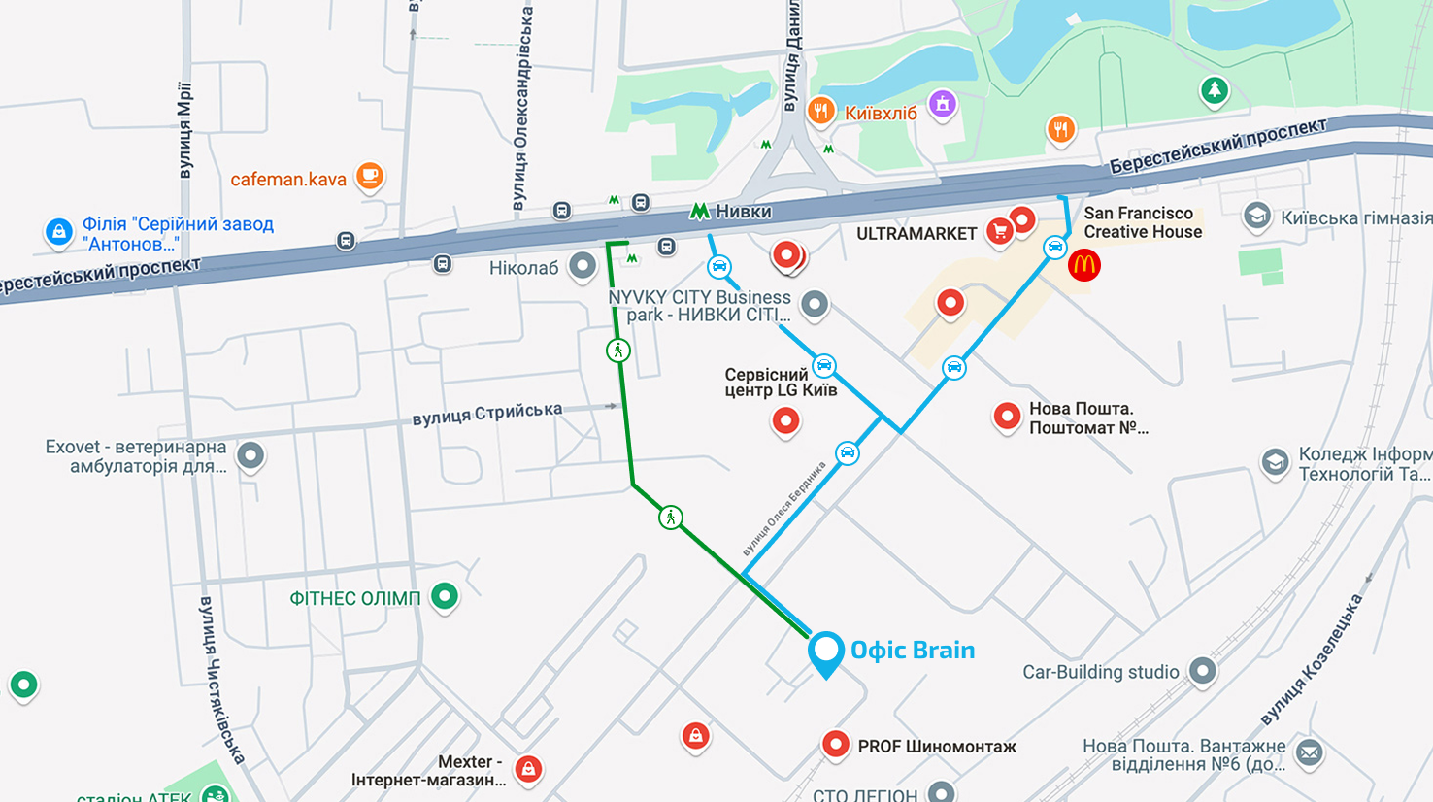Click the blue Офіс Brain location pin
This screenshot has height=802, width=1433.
click(825, 652)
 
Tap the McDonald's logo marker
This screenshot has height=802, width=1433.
click(1083, 264)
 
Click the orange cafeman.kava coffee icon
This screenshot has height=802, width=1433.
click(369, 176)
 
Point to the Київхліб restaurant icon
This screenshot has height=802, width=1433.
click(821, 111)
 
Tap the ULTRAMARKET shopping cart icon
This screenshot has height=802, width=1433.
click(999, 231)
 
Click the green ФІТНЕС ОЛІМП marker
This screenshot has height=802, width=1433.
click(445, 595)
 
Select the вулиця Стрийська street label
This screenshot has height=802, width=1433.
click(486, 414)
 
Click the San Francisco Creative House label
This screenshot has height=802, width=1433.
click(1142, 222)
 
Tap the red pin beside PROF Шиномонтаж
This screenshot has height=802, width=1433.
click(835, 744)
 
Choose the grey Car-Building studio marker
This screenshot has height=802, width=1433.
click(1203, 670)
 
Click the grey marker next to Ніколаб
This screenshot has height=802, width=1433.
click(583, 265)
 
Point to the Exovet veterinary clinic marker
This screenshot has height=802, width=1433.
click(250, 454)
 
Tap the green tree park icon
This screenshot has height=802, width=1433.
click(1214, 91)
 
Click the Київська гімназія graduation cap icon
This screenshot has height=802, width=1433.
click(1257, 217)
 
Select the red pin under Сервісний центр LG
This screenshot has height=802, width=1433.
click(785, 420)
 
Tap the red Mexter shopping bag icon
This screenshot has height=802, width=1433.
click(528, 769)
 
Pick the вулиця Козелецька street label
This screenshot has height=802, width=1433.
click(1311, 660)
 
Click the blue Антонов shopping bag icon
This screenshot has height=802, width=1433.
click(59, 232)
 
